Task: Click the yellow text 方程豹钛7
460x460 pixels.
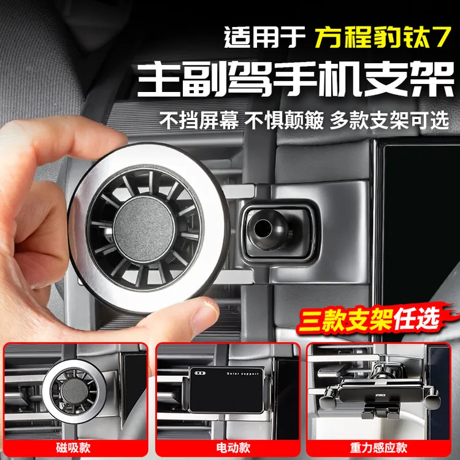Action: pyautogui.click(x=383, y=37)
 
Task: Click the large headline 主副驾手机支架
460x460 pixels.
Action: pyautogui.click(x=296, y=79)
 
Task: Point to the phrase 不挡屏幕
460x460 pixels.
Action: pyautogui.click(x=199, y=120)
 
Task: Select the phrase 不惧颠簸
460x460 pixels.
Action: pyautogui.click(x=284, y=120)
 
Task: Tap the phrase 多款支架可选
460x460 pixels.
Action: pyautogui.click(x=389, y=120)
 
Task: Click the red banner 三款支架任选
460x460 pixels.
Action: pyautogui.click(x=369, y=318)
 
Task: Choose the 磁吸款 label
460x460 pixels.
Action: pyautogui.click(x=74, y=448)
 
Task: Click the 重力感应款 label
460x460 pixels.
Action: pyautogui.click(x=378, y=448)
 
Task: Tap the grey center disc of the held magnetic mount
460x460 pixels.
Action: pyautogui.click(x=144, y=229)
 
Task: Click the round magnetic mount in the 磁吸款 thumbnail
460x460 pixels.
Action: pyautogui.click(x=74, y=391)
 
